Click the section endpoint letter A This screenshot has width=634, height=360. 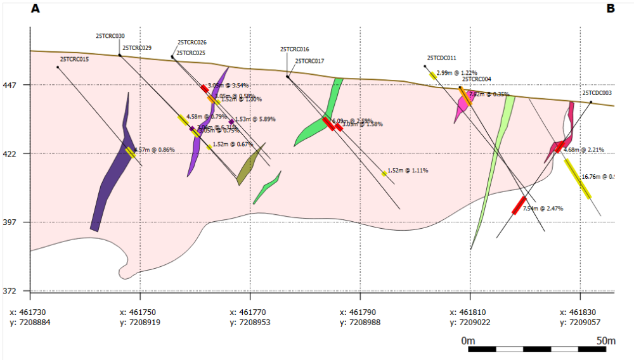point(36,9)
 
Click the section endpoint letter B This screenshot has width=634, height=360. point(611,9)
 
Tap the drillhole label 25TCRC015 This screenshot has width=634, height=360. point(74,60)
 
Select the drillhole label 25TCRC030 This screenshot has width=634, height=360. point(110,36)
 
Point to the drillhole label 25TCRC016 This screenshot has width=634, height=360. point(295,49)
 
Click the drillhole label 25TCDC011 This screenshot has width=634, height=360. point(442,58)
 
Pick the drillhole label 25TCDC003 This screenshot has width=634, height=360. point(597,93)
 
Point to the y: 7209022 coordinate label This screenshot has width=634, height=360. point(470,323)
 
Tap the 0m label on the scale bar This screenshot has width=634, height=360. point(469,341)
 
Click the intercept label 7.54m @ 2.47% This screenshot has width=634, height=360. point(543,209)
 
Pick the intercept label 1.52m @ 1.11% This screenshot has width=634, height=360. point(408,170)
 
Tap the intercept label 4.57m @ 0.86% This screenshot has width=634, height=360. point(155,150)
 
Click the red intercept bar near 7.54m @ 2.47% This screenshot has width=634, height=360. point(519,205)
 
